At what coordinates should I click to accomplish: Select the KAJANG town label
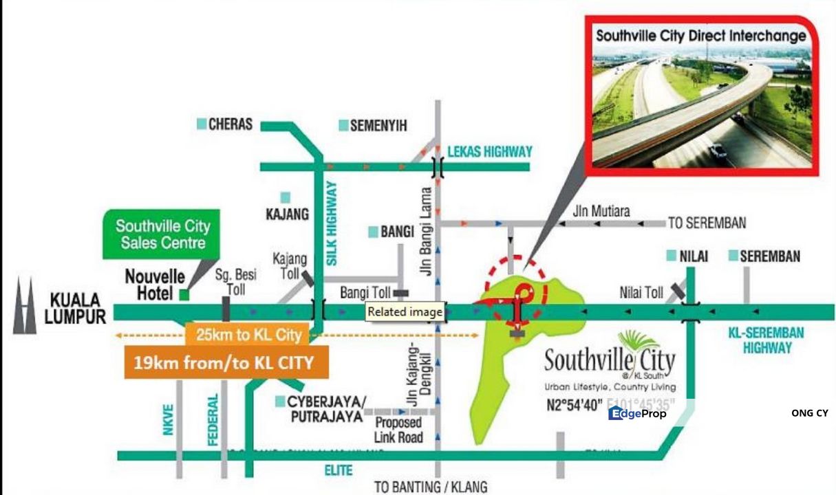[x=287, y=214]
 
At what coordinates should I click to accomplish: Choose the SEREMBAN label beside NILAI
[x=769, y=256]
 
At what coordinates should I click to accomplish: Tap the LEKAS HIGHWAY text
[x=490, y=151]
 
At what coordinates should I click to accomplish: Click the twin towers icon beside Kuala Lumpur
[x=24, y=306]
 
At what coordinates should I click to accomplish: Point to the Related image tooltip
[x=405, y=311]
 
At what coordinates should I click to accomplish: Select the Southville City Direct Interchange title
[x=700, y=36]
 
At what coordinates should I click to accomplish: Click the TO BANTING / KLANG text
[x=431, y=487]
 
